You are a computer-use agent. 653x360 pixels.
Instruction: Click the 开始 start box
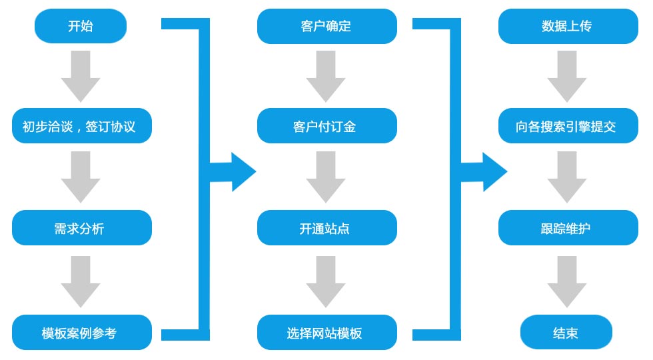pos(81,27)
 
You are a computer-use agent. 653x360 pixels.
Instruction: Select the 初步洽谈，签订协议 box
pos(82,126)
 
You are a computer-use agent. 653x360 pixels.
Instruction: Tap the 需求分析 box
pos(82,228)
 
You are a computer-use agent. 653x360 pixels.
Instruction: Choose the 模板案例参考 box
pos(82,332)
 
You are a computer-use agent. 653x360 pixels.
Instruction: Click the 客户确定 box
pos(326,27)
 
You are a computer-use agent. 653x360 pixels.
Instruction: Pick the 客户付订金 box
pos(326,126)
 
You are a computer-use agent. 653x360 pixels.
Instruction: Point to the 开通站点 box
pos(326,228)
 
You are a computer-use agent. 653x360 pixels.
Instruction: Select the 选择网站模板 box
pos(326,332)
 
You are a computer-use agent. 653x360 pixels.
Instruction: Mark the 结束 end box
pos(566,332)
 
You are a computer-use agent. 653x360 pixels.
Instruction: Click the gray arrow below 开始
pos(81,75)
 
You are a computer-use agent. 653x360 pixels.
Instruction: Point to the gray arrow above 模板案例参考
pos(81,281)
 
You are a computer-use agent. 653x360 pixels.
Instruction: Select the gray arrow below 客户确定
pos(326,75)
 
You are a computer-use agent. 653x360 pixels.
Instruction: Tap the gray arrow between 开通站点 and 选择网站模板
pos(326,281)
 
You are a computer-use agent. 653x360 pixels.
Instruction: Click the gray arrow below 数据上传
pos(567,75)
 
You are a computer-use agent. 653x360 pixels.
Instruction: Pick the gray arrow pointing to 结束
pos(567,281)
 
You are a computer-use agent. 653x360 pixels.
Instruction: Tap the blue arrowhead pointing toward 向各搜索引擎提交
pos(493,172)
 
